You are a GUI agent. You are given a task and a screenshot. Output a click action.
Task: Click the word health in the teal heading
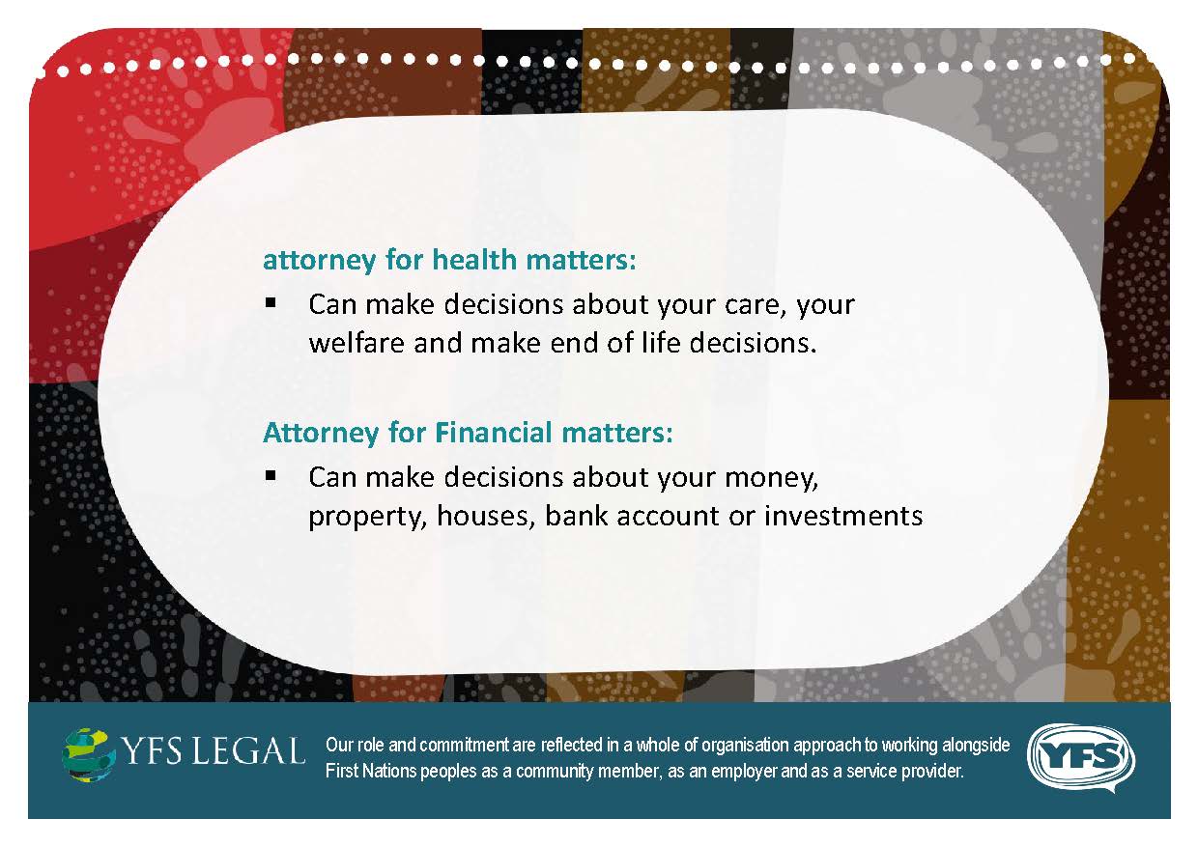pos(473,260)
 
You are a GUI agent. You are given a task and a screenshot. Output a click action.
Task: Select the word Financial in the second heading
pos(493,433)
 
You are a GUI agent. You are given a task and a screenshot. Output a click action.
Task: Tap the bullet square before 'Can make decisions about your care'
pos(271,303)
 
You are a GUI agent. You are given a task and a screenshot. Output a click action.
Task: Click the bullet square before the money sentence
pos(271,475)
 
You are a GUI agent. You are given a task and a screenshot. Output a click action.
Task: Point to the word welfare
pos(357,343)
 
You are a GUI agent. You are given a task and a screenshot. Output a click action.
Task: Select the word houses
pos(486,517)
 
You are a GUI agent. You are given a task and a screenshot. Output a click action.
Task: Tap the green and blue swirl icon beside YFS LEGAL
pos(89,755)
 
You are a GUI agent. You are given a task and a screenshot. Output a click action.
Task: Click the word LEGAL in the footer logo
pos(248,750)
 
